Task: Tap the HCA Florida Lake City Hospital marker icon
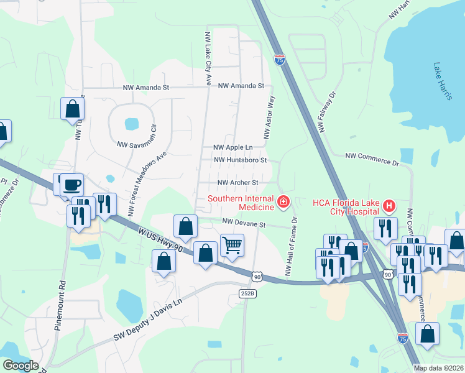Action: point(389,205)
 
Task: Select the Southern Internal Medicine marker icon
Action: point(283,201)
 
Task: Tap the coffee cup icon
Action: point(72,184)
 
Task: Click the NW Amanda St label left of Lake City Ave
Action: point(146,88)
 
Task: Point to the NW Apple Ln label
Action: point(233,147)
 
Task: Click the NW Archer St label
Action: point(237,182)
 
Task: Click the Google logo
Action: point(21,366)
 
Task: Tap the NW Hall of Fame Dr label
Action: point(290,246)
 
